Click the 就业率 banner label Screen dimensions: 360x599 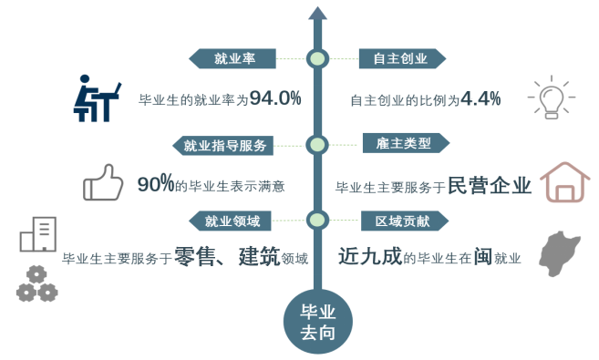point(233,59)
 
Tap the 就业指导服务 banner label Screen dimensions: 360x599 point(224,144)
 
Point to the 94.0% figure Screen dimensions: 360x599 point(275,98)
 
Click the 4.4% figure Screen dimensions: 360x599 point(480,98)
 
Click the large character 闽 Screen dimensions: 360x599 point(485,256)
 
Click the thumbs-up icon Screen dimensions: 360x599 point(102,181)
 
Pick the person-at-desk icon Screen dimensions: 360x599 point(97,98)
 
